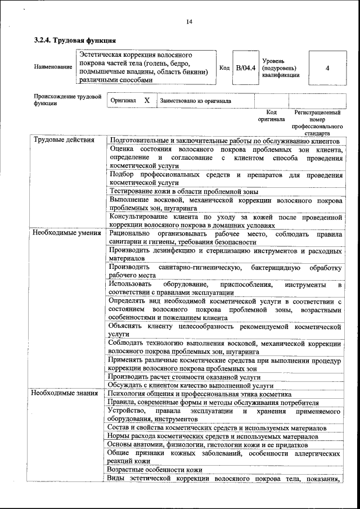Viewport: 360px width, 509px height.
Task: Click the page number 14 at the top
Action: point(189,21)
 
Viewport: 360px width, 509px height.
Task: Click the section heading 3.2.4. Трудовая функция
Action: point(75,40)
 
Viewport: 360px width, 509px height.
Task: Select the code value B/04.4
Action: point(245,68)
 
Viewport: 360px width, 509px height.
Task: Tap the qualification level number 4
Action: point(327,68)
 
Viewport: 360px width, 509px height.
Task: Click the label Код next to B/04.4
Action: point(224,68)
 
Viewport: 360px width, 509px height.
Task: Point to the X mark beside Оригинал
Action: point(147,100)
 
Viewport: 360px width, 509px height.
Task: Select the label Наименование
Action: point(53,68)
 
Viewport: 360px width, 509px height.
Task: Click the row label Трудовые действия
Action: point(64,140)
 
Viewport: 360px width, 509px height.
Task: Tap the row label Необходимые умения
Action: point(66,232)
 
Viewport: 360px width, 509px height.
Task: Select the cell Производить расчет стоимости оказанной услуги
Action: point(185,376)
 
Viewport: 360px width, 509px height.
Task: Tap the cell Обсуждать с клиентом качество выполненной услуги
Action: point(191,385)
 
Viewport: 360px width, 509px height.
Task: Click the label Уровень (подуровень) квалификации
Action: point(280,68)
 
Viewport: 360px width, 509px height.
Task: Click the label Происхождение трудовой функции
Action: point(67,100)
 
